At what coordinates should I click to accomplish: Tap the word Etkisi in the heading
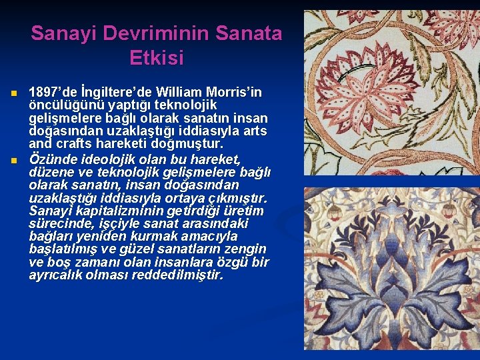tap(156, 58)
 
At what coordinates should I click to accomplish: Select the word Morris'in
tap(237, 92)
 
